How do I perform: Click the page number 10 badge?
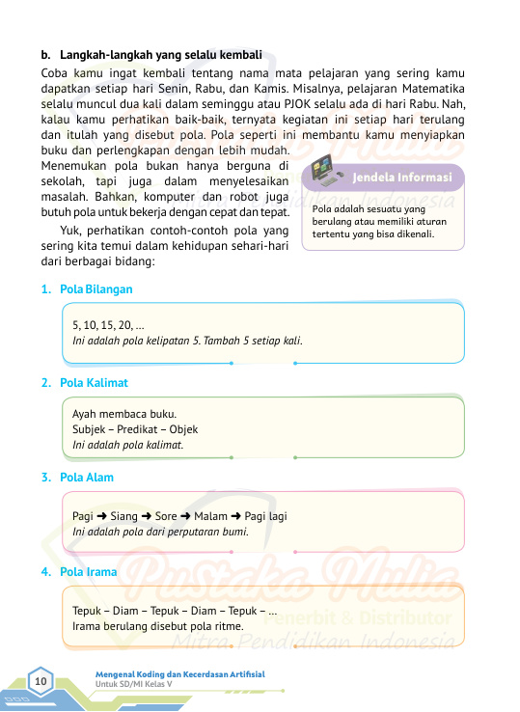pyautogui.click(x=41, y=683)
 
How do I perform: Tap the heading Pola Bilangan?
pyautogui.click(x=96, y=289)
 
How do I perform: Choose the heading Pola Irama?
pyautogui.click(x=88, y=572)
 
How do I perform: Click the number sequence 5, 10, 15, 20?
pyautogui.click(x=110, y=326)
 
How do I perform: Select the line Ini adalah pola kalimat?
pyautogui.click(x=128, y=446)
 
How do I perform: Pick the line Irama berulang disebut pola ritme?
pyautogui.click(x=157, y=626)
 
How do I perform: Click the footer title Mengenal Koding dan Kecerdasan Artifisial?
pyautogui.click(x=179, y=673)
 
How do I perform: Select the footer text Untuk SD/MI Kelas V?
pyautogui.click(x=133, y=684)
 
